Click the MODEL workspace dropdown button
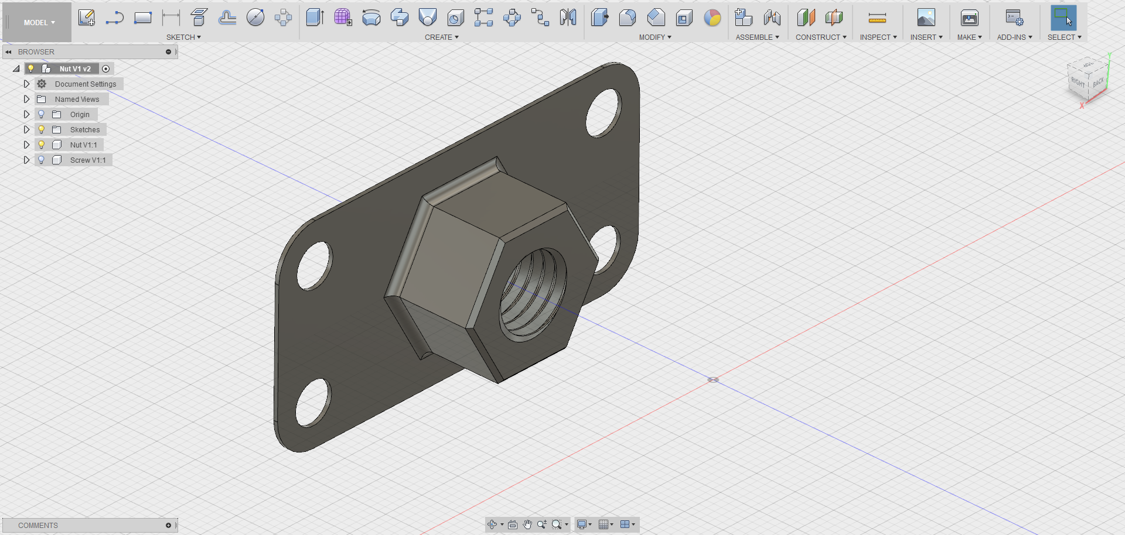pos(39,23)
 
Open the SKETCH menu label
pos(183,37)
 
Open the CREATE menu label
pos(441,37)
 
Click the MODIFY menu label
pos(654,37)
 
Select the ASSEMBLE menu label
pos(757,37)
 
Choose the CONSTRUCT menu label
pos(820,37)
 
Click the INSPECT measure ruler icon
pos(877,19)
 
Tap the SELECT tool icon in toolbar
pos(1063,18)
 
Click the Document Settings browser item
pos(86,84)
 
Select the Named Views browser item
pos(77,100)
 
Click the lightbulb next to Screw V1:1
pos(41,160)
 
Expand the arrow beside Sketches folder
pos(26,129)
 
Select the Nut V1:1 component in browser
pos(83,145)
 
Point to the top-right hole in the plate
pos(603,113)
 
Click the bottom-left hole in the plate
pos(313,402)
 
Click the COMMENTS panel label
pos(38,526)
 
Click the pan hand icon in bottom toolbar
pos(527,524)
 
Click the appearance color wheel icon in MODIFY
pos(712,18)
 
